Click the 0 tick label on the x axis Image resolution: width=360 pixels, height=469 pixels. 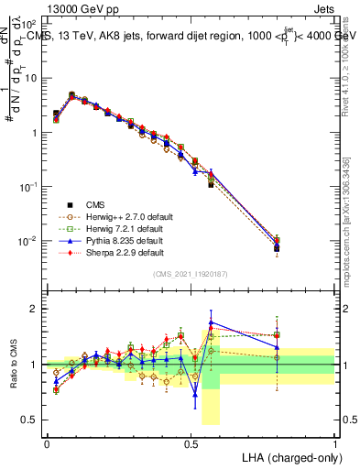pos(47,442)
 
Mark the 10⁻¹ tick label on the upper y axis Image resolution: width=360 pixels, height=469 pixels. pos(28,187)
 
